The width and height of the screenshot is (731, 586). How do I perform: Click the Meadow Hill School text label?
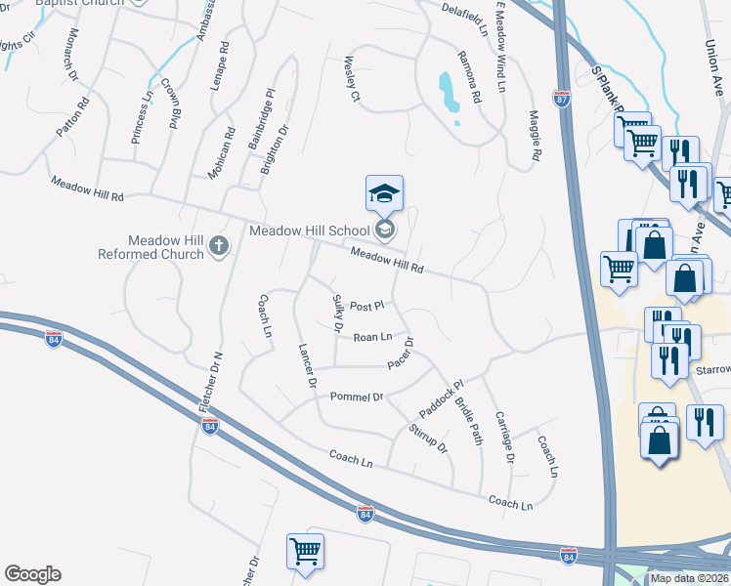pos(310,230)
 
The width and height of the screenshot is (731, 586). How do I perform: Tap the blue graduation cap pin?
pos(384,194)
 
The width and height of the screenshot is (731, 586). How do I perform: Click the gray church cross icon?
pos(220,247)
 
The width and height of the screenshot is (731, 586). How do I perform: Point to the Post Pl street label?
pos(366,306)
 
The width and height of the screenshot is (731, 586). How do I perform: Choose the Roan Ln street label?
pos(372,337)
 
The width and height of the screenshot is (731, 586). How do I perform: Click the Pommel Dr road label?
pos(358,398)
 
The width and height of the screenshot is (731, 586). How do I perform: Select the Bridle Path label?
pos(470,421)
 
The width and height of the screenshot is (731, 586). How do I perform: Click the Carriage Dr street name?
pos(507,436)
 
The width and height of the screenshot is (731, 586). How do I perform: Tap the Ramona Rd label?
pos(469,77)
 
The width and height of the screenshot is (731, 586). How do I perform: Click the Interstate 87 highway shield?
pos(560,99)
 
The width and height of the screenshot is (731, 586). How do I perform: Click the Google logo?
pos(32,573)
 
